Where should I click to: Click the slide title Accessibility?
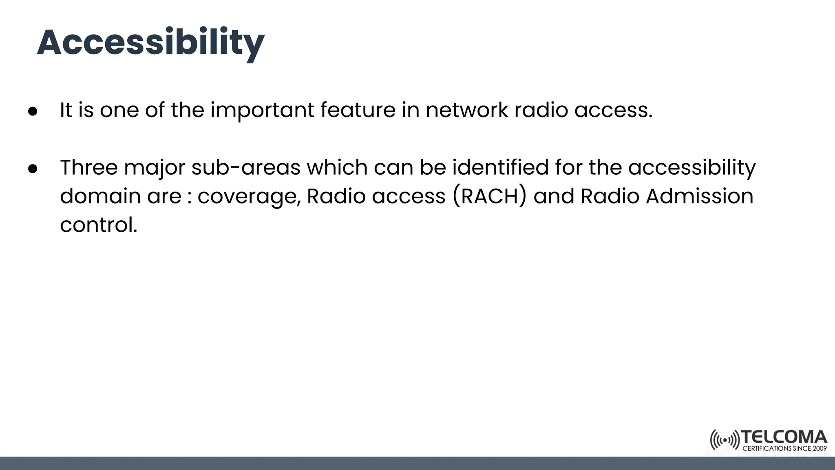click(x=150, y=43)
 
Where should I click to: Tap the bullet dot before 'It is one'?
click(x=33, y=111)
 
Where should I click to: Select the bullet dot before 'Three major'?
click(x=33, y=168)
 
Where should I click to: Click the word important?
click(x=262, y=110)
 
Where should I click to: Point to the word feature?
click(x=358, y=110)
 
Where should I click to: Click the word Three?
click(x=88, y=167)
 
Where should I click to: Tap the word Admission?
click(x=699, y=196)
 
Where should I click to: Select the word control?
click(x=98, y=225)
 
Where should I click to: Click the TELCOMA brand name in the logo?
click(x=783, y=437)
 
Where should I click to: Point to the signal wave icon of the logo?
click(x=725, y=440)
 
